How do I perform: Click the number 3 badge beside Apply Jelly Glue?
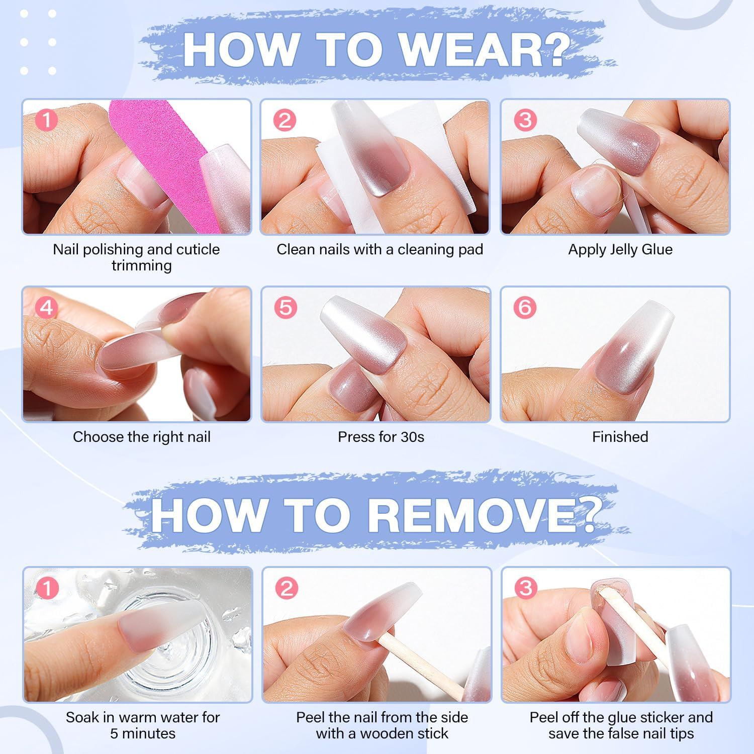pos(525,120)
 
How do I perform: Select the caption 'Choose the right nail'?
pos(142,437)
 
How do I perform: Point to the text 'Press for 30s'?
pos(381,437)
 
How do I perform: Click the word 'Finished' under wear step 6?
pos(620,437)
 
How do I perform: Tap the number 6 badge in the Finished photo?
pos(525,307)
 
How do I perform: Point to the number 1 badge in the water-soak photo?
pos(47,588)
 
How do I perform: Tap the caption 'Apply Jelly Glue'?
pos(620,249)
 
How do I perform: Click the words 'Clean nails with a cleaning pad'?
pos(380,249)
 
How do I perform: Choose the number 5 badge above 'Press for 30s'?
pos(286,307)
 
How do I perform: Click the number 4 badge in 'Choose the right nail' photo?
pos(46,307)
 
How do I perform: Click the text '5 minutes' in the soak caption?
pos(143,733)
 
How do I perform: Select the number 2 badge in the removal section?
pos(287,588)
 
